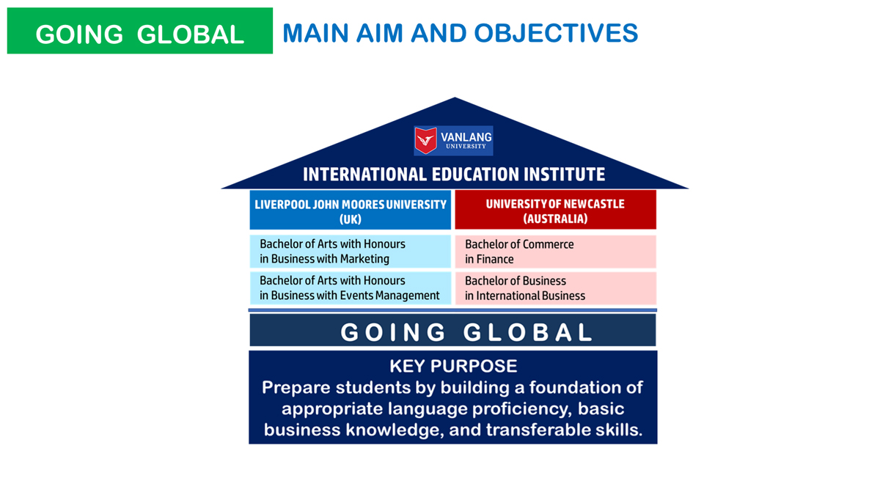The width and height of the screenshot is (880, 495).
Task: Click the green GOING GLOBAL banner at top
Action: (140, 31)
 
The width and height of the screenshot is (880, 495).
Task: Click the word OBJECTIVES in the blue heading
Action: (556, 33)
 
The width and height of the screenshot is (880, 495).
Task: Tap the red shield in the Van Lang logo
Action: (426, 140)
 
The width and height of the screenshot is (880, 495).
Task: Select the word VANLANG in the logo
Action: (466, 137)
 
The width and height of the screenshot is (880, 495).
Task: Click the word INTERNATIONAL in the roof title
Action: (364, 175)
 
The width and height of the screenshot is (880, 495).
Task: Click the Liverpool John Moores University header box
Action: (350, 210)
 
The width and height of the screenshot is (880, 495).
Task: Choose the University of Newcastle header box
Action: (556, 210)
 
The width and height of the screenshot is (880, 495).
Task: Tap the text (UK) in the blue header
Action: (350, 219)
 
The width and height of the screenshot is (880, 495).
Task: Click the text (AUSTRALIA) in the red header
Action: (555, 219)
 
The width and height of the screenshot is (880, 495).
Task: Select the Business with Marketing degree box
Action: (350, 252)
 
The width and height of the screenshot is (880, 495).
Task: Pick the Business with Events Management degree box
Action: (350, 288)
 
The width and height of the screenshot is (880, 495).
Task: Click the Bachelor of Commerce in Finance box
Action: (556, 252)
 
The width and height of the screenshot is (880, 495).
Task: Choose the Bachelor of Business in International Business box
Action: (556, 288)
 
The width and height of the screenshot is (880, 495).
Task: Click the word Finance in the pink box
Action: (495, 260)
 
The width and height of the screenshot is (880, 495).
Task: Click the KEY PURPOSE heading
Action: (453, 366)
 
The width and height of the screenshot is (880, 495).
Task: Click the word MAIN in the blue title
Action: (316, 33)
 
